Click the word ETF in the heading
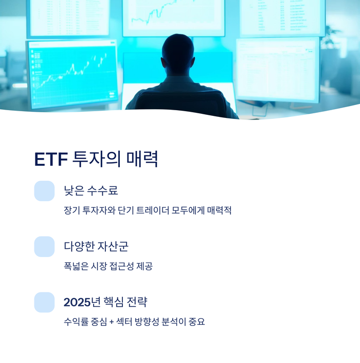click(51, 160)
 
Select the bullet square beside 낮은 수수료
click(44, 191)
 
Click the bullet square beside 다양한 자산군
click(44, 247)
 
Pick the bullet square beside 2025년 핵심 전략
click(44, 302)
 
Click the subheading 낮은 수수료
click(91, 191)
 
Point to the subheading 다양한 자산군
click(96, 246)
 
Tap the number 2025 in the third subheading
click(77, 302)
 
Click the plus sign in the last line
click(112, 322)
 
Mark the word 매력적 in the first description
click(219, 211)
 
